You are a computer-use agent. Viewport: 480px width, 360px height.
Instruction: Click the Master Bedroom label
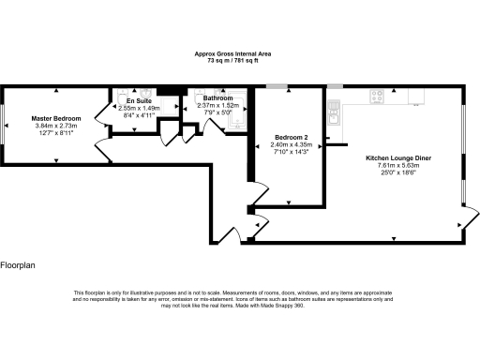pyautogui.click(x=56, y=118)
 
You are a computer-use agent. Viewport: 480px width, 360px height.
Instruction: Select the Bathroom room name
pyautogui.click(x=218, y=97)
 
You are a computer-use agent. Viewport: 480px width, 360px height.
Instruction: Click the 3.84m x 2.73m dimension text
pyautogui.click(x=56, y=126)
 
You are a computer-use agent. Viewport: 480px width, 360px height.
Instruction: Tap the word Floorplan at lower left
pyautogui.click(x=18, y=266)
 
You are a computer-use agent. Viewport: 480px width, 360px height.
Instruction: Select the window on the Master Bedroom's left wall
pyautogui.click(x=2, y=123)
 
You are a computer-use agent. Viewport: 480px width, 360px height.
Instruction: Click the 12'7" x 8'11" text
pyautogui.click(x=56, y=133)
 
